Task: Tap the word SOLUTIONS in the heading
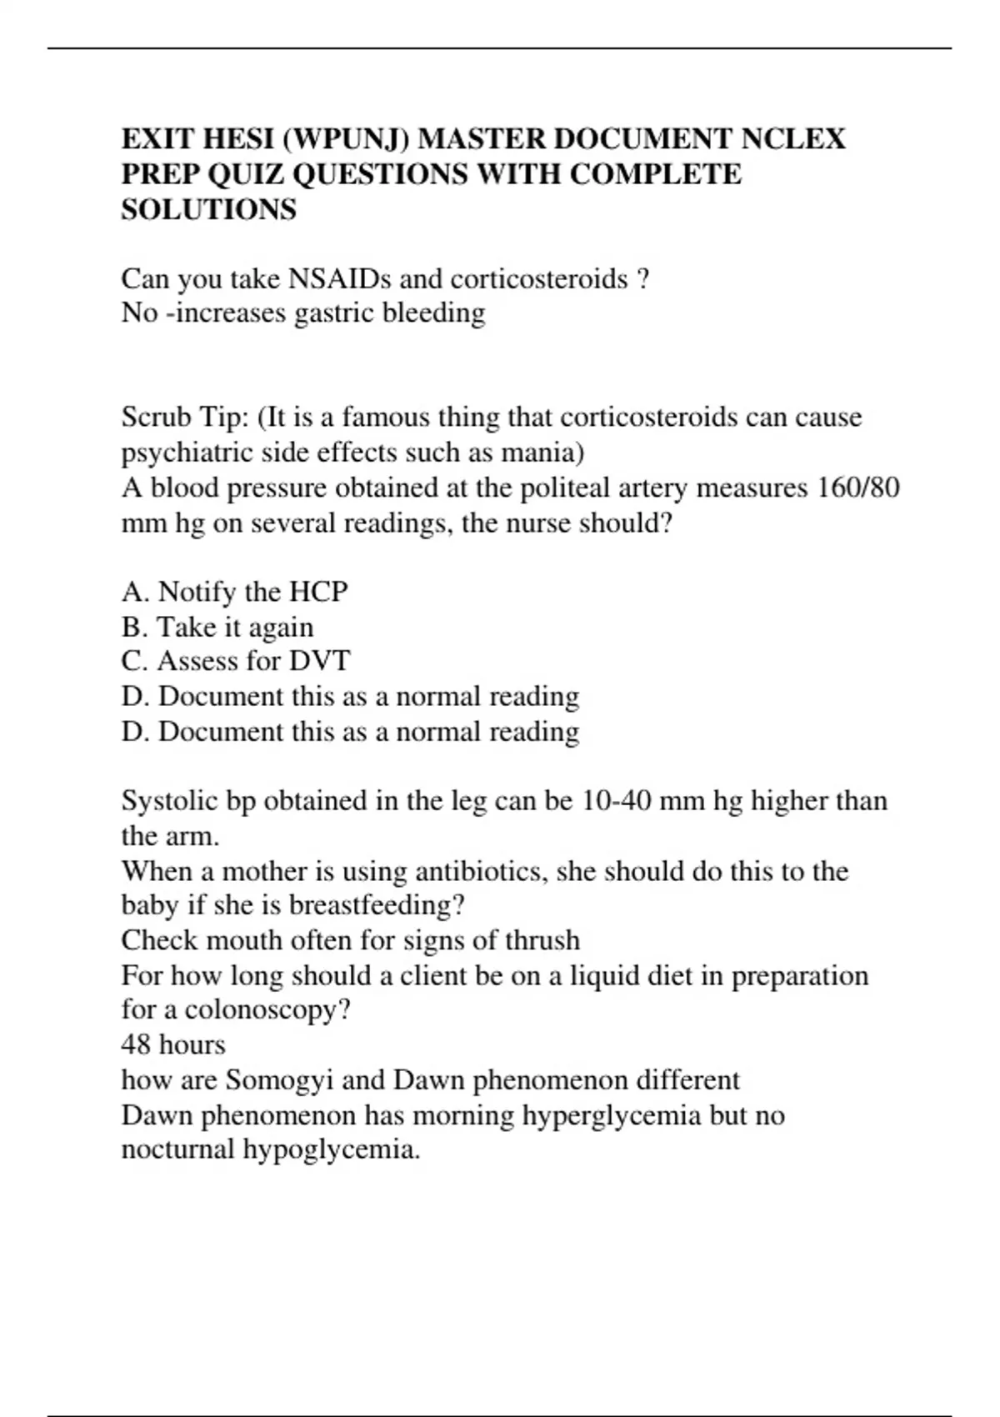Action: (208, 209)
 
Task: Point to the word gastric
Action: (332, 313)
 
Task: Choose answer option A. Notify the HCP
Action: (234, 592)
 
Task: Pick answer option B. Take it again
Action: (217, 627)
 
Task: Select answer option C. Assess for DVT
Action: (235, 661)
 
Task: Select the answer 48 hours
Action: (173, 1045)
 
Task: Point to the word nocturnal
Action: (177, 1150)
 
